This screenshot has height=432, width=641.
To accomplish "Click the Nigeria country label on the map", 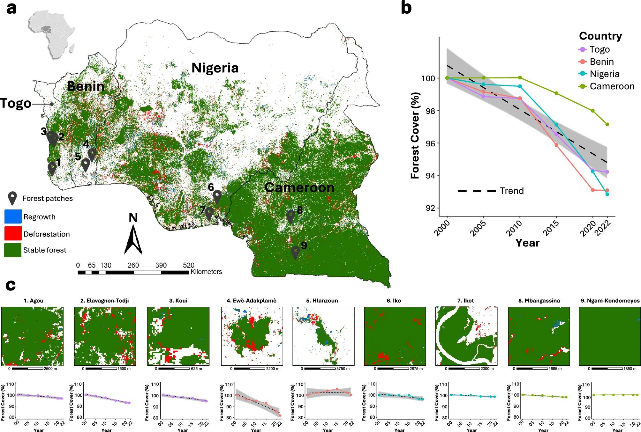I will (215, 68).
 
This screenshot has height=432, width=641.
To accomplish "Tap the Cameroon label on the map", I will (299, 187).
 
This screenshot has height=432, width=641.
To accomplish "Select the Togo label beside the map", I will (16, 103).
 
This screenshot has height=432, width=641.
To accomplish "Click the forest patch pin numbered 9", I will (296, 252).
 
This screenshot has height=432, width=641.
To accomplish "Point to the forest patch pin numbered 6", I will (217, 196).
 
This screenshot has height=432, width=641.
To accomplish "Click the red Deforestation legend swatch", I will (13, 233).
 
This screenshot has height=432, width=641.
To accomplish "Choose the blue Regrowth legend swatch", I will (13, 216).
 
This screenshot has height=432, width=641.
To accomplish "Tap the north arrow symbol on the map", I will (133, 238).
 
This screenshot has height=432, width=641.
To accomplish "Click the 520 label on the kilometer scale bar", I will (189, 265).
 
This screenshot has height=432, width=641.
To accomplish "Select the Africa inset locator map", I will (51, 32).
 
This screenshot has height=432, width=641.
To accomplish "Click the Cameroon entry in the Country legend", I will (612, 86).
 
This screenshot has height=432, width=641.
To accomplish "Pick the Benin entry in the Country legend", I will (602, 62).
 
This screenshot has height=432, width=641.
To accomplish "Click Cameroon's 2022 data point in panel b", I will (607, 124).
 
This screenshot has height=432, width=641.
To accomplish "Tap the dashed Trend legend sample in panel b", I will (477, 191).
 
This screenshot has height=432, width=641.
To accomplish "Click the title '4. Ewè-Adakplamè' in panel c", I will (252, 300).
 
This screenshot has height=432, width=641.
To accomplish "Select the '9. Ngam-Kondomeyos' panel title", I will (610, 300).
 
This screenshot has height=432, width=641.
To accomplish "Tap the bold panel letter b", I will (406, 8).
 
